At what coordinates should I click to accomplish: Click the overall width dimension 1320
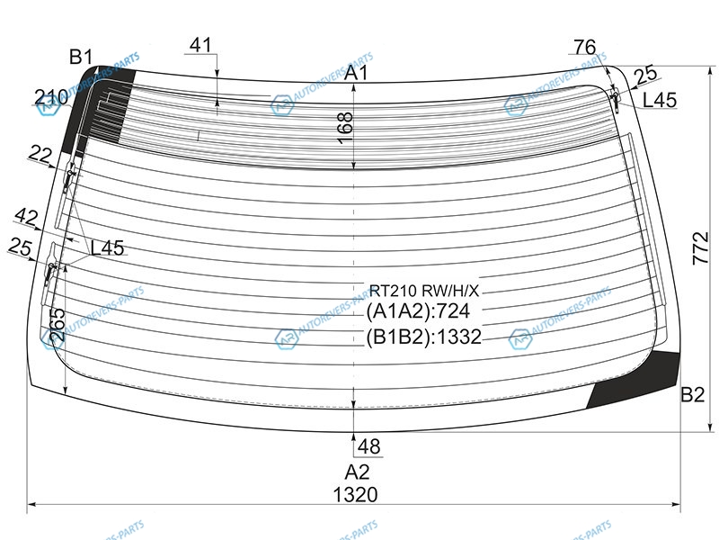click(x=356, y=494)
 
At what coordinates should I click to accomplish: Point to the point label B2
click(x=692, y=393)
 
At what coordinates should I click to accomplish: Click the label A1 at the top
click(x=357, y=73)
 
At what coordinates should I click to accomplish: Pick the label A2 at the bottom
click(x=357, y=471)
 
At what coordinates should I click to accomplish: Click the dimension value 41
click(x=201, y=44)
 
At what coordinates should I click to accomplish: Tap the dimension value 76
click(x=584, y=47)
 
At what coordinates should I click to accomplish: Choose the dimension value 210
click(x=51, y=97)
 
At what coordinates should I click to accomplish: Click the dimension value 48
click(x=368, y=446)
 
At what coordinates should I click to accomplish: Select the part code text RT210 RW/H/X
click(x=425, y=290)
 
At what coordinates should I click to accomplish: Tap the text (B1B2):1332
click(x=424, y=337)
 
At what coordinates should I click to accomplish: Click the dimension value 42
click(x=27, y=216)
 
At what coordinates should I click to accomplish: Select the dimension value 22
click(x=39, y=155)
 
